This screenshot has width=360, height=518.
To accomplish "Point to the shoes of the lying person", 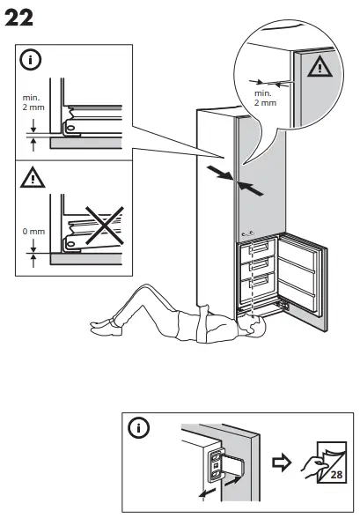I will [102, 328].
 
